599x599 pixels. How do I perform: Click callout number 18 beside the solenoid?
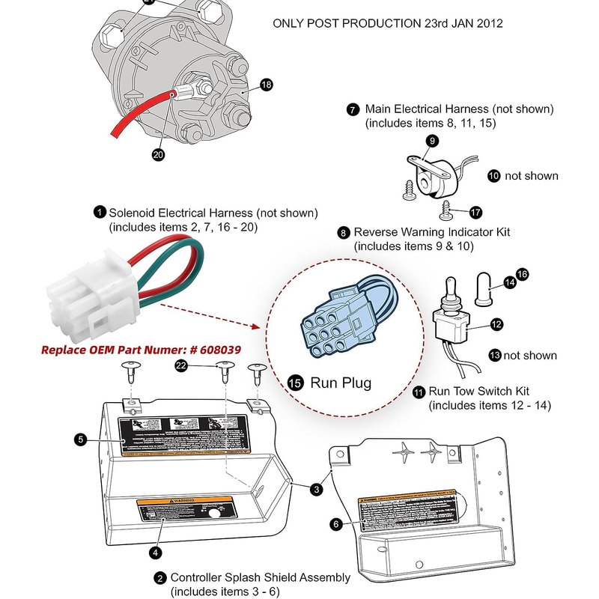click(267, 85)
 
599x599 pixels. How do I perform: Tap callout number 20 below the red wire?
click(158, 155)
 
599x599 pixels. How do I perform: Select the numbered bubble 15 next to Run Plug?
click(295, 383)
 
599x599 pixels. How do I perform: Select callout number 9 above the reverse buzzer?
click(431, 140)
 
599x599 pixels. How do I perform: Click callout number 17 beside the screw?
click(476, 213)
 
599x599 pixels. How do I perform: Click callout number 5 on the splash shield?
click(81, 440)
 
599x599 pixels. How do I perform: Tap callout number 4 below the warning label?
click(155, 553)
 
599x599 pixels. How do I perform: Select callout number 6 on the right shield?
click(336, 525)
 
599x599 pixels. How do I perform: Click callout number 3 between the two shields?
click(317, 489)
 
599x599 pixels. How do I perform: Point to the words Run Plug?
click(341, 383)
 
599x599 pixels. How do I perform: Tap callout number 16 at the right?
click(523, 275)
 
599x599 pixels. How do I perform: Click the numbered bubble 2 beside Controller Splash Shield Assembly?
click(160, 578)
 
